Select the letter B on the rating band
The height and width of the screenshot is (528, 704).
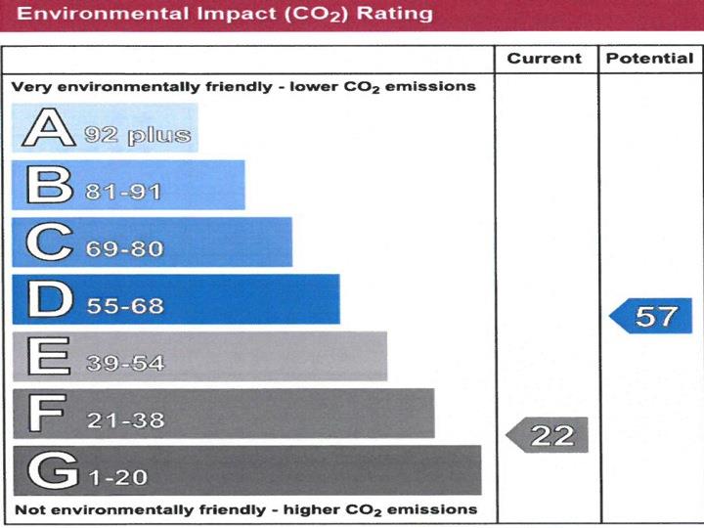(48, 185)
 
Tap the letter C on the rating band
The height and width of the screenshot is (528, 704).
(49, 242)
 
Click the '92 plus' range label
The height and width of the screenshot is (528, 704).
(137, 135)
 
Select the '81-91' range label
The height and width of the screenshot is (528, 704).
(123, 192)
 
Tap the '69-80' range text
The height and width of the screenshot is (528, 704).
(124, 249)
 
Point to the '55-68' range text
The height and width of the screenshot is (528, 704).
(124, 306)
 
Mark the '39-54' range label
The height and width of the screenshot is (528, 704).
(124, 364)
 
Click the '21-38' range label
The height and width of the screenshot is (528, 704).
(124, 420)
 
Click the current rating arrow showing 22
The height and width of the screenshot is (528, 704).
(549, 435)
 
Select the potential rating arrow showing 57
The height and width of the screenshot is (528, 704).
(652, 316)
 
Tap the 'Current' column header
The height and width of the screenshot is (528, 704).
(545, 59)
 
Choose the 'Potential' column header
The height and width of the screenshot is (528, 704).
(649, 59)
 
